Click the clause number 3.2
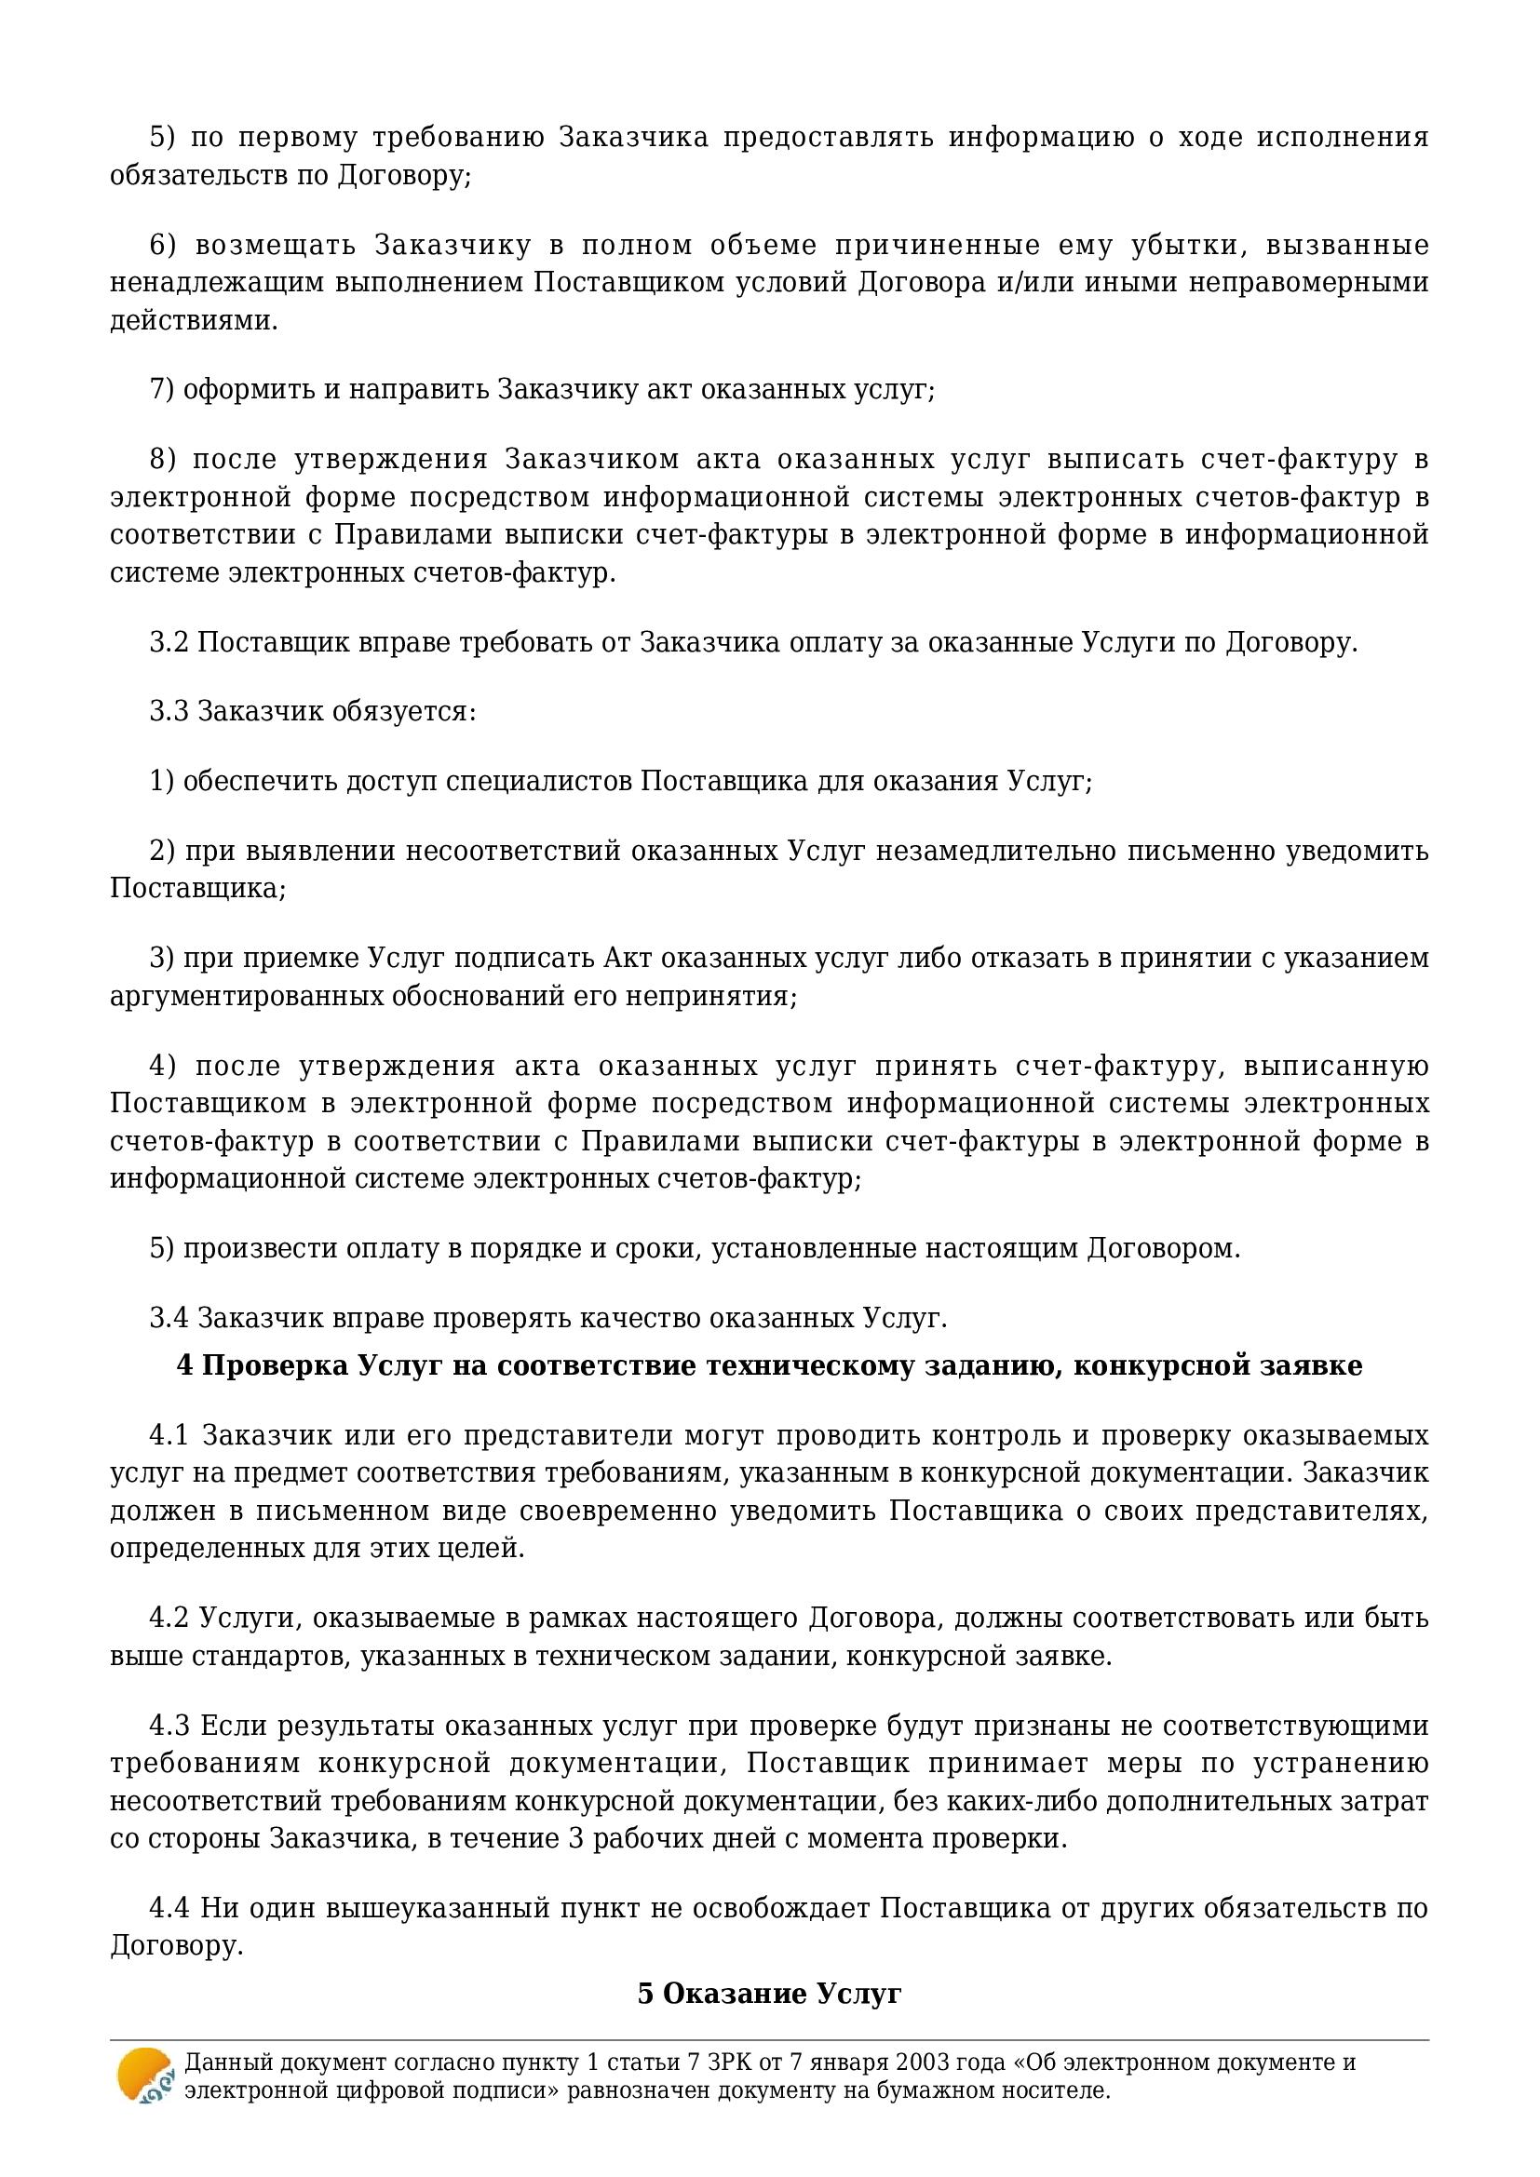(x=170, y=642)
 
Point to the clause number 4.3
(x=169, y=1726)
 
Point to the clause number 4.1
(x=169, y=1435)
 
